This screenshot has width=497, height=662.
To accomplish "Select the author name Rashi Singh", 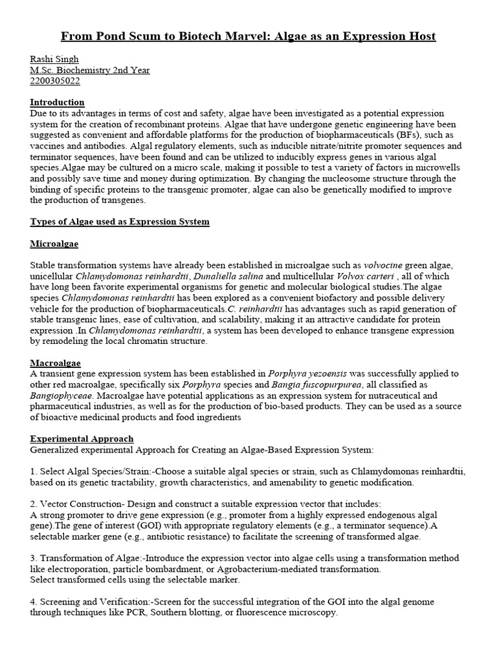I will click(x=54, y=59).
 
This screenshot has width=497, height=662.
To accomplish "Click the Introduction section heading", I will click(x=57, y=102).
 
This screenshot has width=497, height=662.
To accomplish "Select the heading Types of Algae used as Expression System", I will click(x=120, y=222).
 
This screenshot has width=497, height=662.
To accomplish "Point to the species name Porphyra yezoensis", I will click(x=308, y=374).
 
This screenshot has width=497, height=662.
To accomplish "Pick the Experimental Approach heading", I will click(x=82, y=438).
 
